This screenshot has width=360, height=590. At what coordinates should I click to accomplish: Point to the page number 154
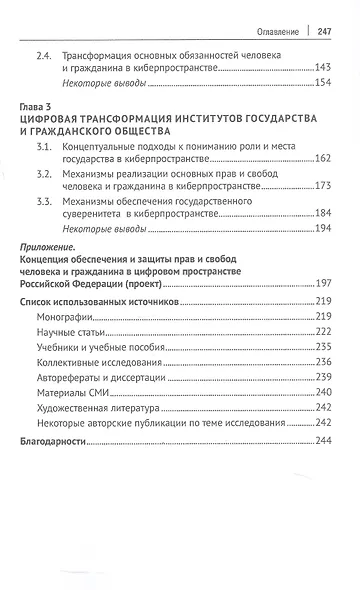pyautogui.click(x=323, y=85)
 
